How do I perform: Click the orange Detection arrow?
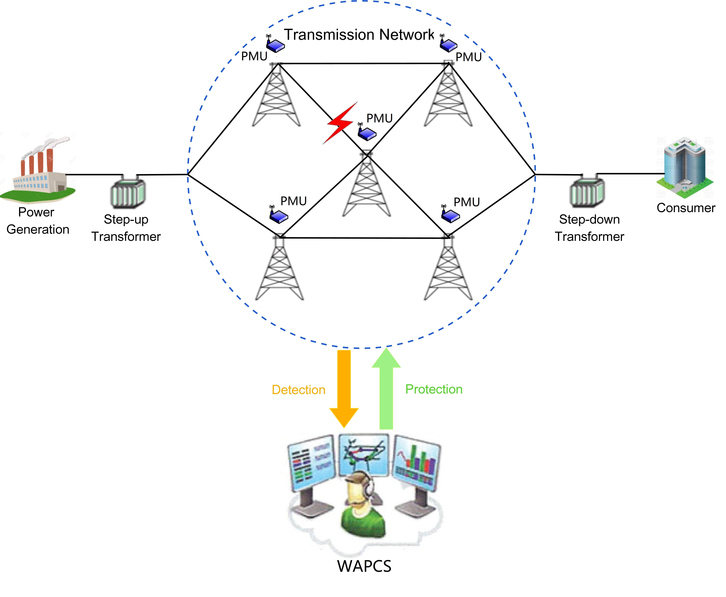[x=344, y=389]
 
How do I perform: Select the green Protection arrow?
[x=386, y=389]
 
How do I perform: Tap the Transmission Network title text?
[x=359, y=35]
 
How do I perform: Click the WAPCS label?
[x=364, y=566]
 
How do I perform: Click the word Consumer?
[x=686, y=208]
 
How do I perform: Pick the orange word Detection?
[x=298, y=390]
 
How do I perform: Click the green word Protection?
[x=434, y=389]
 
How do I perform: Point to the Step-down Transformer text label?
[x=589, y=228]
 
